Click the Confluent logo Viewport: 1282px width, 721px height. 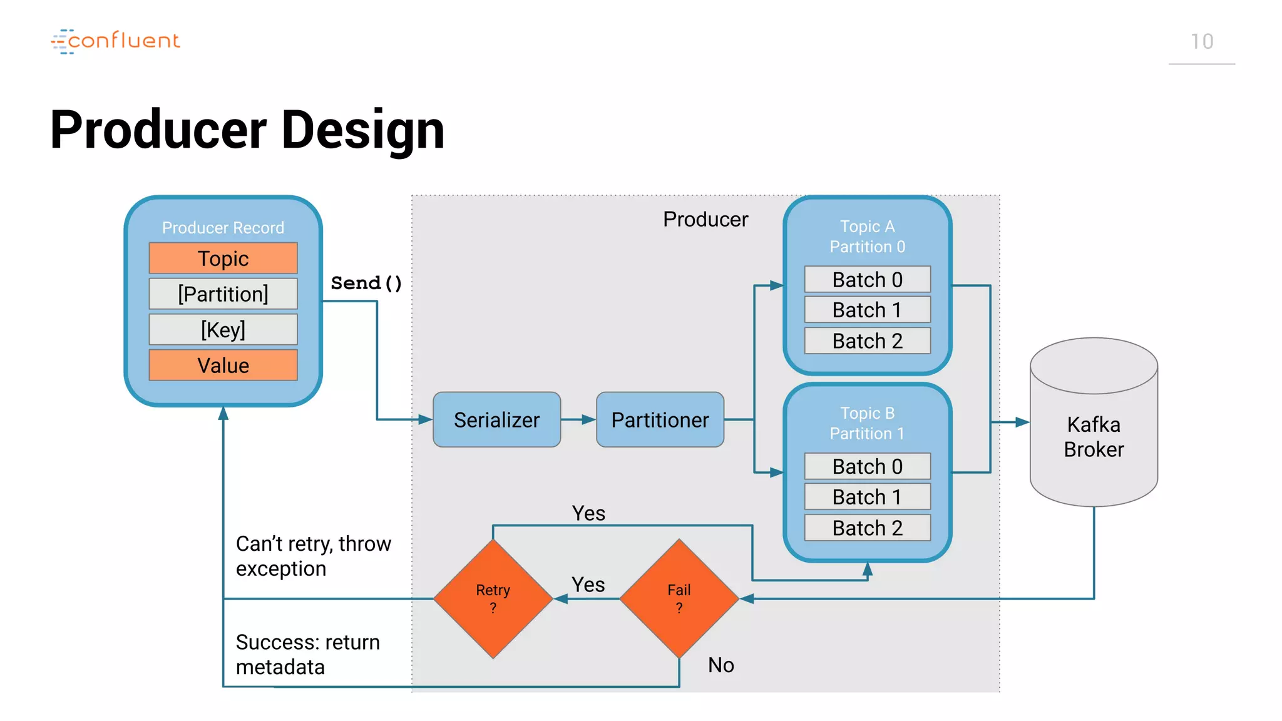point(116,41)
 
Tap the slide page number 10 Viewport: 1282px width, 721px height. point(1201,42)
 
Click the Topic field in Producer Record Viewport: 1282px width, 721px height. point(223,258)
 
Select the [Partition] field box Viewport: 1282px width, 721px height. point(223,294)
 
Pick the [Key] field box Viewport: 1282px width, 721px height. point(223,329)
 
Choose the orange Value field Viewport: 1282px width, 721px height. point(223,365)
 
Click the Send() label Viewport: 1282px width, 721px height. point(366,283)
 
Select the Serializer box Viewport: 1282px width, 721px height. point(496,419)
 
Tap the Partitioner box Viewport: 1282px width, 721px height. point(660,419)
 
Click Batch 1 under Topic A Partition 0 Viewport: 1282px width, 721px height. point(867,310)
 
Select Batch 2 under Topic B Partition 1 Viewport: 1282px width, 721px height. point(867,528)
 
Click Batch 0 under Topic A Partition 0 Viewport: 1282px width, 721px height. point(867,279)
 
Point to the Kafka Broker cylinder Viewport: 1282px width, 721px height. point(1094,432)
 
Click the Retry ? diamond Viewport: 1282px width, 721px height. point(493,598)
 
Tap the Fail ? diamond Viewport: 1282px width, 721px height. point(679,598)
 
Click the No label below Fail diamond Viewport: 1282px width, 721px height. point(720,665)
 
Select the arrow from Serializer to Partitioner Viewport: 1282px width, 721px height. point(578,419)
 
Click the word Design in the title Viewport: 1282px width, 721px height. point(363,130)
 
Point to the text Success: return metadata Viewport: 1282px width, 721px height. point(307,654)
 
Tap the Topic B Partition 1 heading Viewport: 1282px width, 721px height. point(867,423)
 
